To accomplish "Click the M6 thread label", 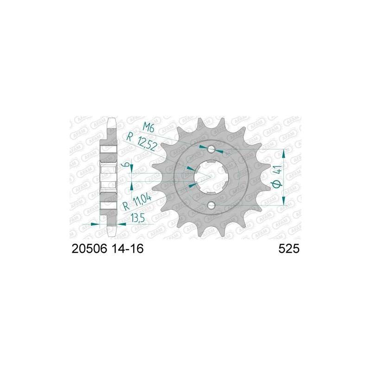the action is pos(148,128).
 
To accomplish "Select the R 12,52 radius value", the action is pos(141,142).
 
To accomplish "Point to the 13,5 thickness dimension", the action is pos(138,218).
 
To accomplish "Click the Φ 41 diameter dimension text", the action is pos(277,177).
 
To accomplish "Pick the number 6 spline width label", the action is pos(126,164).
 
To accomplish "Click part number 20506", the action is pos(90,249).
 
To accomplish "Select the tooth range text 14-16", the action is pos(127,249).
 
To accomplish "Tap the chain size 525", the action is pos(289,249).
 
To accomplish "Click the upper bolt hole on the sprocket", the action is pos(211,149).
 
